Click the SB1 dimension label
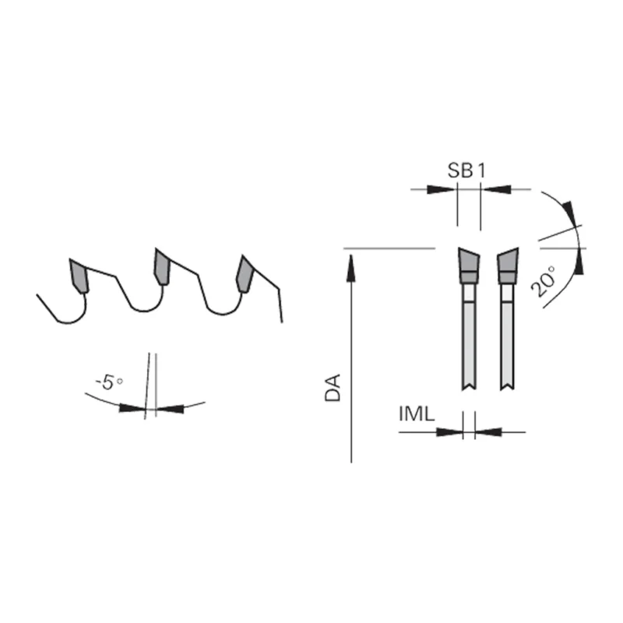tap(466, 171)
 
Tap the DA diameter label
tap(333, 387)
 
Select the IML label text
tap(417, 414)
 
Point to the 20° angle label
tap(544, 281)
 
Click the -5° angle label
tap(109, 382)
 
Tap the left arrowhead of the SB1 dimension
tap(440, 189)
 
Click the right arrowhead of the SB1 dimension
tap(497, 189)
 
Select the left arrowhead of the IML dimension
tap(449, 432)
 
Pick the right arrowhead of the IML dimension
tap(488, 432)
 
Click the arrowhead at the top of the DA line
tap(351, 269)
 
